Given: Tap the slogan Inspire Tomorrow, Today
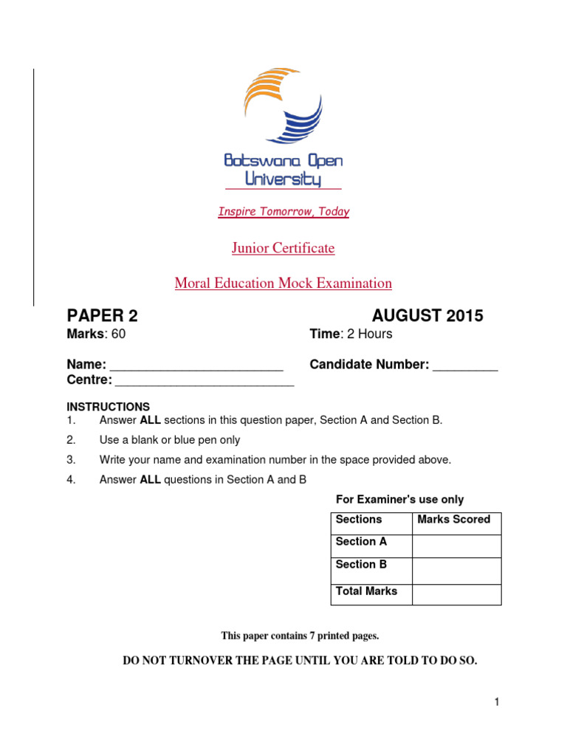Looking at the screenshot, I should tap(283, 212).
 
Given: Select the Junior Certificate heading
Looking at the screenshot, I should tap(283, 248).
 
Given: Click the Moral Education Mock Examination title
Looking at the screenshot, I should tap(283, 283).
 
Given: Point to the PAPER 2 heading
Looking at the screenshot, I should tap(103, 316).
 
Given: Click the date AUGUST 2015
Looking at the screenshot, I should tap(427, 316).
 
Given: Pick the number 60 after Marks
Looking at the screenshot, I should tap(118, 334).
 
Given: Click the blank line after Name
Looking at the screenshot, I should tap(196, 366).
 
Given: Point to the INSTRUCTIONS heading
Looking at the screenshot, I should tap(109, 407).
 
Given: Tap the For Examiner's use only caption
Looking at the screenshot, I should tap(400, 500).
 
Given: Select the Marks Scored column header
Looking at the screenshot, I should tap(454, 519).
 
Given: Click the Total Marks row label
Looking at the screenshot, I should tap(367, 591).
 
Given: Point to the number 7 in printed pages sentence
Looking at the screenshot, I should tap(308, 636).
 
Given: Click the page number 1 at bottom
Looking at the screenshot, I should tap(498, 702).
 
